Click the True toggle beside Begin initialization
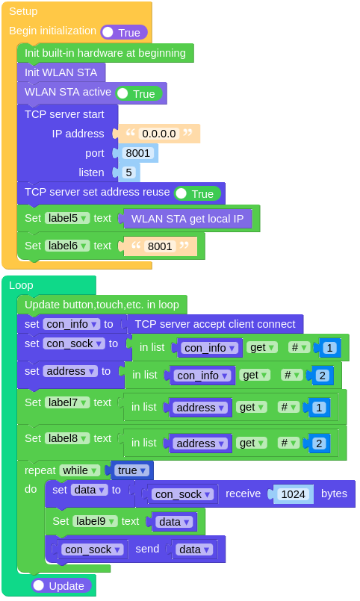click(123, 32)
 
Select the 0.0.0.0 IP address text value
click(158, 134)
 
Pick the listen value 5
click(128, 172)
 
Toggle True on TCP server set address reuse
click(197, 193)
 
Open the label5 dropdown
click(67, 219)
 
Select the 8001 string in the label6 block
click(160, 246)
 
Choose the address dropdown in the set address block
click(70, 371)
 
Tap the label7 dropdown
click(67, 402)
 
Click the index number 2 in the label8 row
click(318, 443)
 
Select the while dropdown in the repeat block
click(80, 470)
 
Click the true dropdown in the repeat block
click(131, 470)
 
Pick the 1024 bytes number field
click(293, 493)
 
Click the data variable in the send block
click(194, 549)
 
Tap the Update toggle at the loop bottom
click(62, 585)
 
